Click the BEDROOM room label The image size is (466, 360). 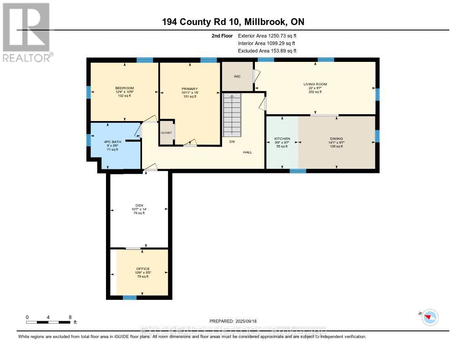124,88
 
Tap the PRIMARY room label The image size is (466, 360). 189,89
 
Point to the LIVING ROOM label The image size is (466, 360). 315,84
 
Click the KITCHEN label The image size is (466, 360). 282,138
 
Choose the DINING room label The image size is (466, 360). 336,138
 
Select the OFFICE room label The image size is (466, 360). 143,269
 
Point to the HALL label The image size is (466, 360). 247,152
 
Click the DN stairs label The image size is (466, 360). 232,142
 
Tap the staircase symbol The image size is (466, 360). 232,115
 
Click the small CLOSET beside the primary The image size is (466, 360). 167,133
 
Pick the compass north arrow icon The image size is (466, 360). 430,317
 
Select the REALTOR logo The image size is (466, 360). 26,32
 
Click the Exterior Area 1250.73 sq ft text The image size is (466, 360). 267,35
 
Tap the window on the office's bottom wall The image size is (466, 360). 130,298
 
